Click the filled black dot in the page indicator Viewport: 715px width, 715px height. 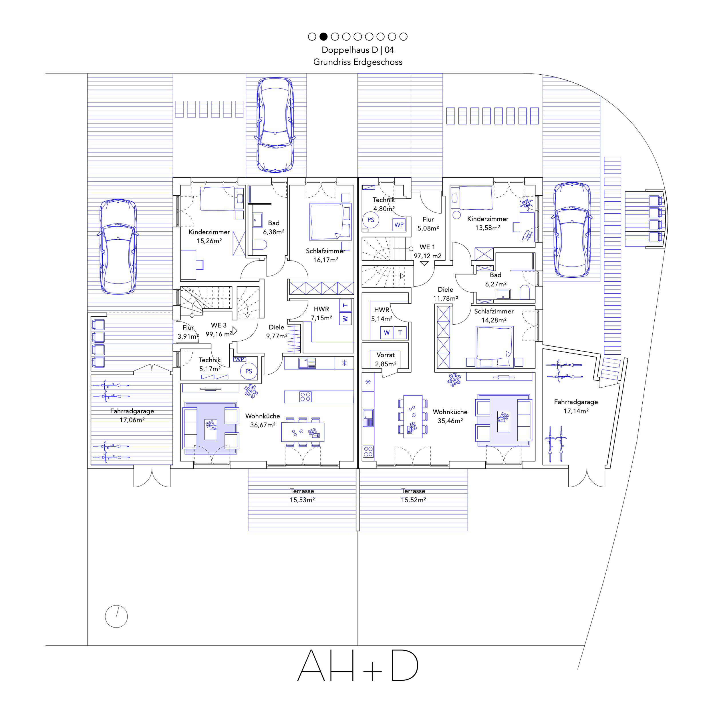coord(323,36)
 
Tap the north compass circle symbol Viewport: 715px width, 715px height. coord(116,617)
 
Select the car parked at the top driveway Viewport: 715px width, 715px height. coord(275,125)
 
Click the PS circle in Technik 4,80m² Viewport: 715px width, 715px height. coord(370,220)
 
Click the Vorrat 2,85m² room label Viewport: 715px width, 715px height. coord(386,359)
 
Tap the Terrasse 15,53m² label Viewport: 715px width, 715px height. coord(302,495)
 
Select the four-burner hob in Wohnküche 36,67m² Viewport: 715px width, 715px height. coord(305,397)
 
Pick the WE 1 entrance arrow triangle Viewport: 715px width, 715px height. coord(424,263)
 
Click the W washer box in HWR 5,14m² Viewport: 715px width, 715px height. coord(386,333)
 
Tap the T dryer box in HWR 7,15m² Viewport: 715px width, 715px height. coord(345,305)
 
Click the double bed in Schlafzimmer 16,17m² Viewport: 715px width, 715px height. coord(330,222)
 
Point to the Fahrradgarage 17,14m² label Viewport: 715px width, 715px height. coord(576,406)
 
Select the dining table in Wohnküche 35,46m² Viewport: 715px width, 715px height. coord(413,417)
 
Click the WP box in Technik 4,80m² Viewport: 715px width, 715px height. coord(399,225)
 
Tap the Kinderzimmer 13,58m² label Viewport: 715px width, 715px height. coord(488,223)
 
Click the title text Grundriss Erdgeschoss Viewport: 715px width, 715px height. coord(357,62)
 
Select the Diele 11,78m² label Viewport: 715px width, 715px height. coord(446,294)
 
